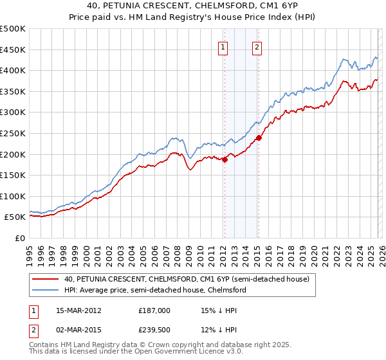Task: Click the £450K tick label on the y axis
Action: coord(13,50)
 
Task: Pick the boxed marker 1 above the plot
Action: coord(223,46)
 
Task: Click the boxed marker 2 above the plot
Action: coord(257,46)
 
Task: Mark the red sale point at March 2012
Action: coord(225,160)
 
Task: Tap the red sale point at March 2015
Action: coord(259,138)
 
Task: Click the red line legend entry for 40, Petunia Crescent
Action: coord(187,280)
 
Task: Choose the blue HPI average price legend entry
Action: coord(154,291)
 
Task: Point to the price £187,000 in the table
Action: coord(154,310)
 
